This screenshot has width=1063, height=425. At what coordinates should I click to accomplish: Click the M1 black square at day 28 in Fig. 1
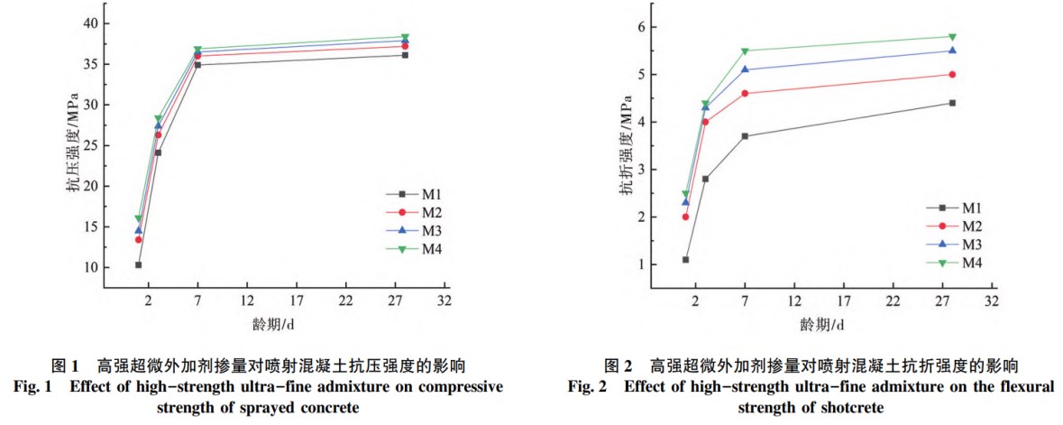point(405,55)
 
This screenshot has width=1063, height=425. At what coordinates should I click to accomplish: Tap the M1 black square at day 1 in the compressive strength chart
point(138,264)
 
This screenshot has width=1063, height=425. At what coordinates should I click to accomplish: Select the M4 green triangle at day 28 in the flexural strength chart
point(952,37)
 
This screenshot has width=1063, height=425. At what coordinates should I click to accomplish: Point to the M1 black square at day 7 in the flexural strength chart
point(745,136)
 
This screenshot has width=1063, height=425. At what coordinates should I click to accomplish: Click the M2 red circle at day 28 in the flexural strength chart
point(952,75)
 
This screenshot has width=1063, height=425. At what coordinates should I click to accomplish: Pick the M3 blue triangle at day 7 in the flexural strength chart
point(745,69)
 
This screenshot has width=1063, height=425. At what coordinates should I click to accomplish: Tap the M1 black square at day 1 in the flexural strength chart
point(685,260)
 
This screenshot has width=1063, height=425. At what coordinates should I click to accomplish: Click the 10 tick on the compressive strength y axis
point(88,268)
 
